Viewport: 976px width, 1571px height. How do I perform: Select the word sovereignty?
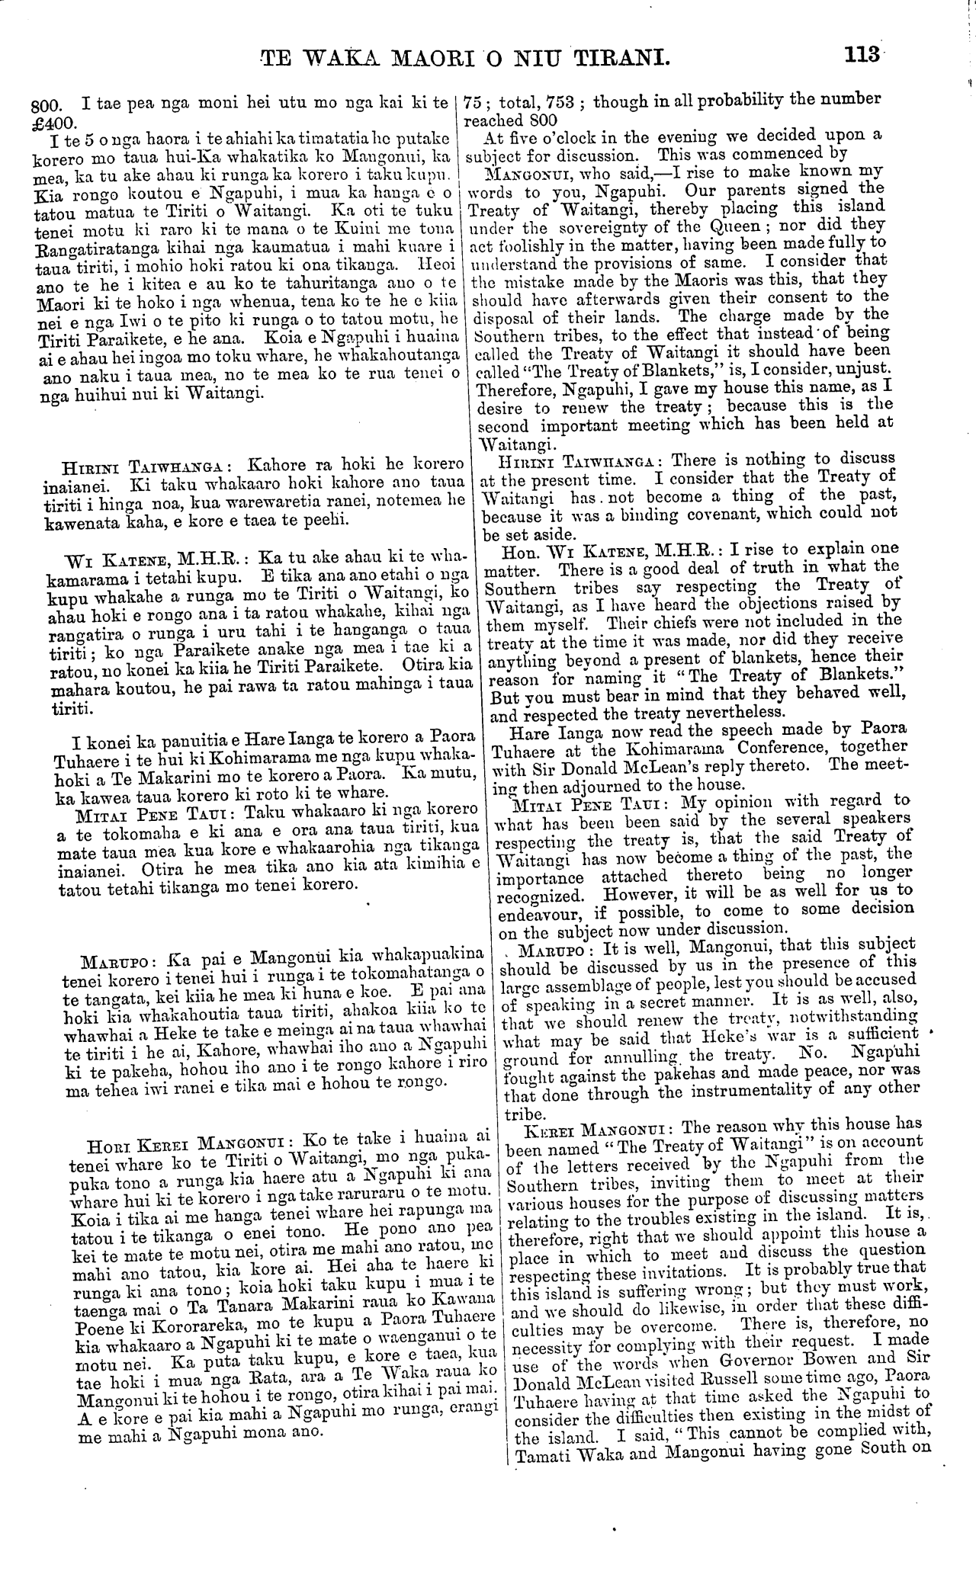pos(604,226)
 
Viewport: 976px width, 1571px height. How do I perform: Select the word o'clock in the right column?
pos(567,136)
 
